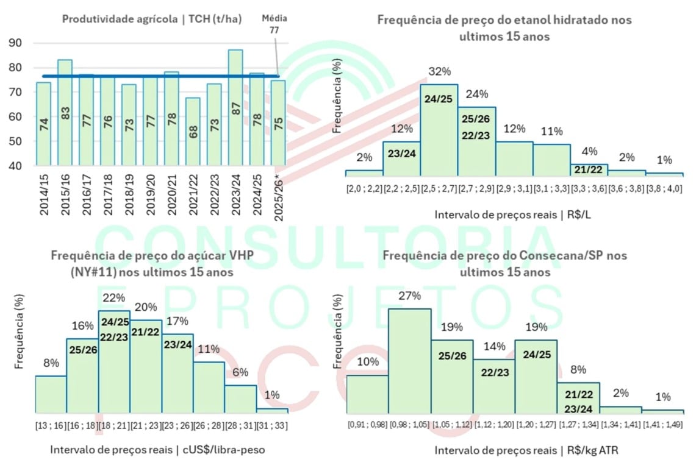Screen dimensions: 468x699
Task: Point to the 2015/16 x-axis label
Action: pyautogui.click(x=65, y=194)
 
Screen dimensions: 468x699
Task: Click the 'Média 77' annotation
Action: pyautogui.click(x=274, y=23)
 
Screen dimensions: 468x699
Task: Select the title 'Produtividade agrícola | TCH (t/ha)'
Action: pyautogui.click(x=152, y=19)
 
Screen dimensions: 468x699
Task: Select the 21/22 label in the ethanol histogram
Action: pyautogui.click(x=589, y=169)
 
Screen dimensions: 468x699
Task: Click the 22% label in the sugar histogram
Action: pyautogui.click(x=114, y=298)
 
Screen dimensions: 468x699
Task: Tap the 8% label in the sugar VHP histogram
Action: pyautogui.click(x=51, y=363)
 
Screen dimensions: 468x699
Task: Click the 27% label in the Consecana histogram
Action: pyautogui.click(x=409, y=296)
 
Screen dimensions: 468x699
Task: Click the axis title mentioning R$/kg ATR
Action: pyautogui.click(x=518, y=451)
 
